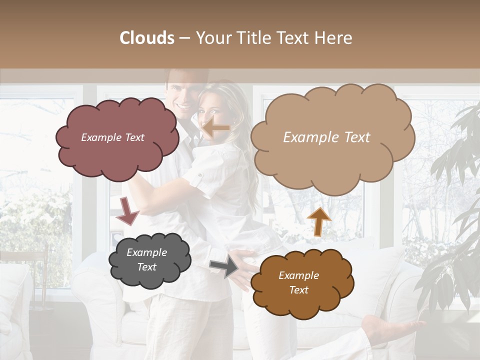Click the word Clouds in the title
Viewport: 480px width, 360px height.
(147, 38)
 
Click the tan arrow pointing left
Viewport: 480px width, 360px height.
(215, 128)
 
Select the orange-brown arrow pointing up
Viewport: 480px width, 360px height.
(318, 221)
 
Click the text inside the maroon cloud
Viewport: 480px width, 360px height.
(113, 137)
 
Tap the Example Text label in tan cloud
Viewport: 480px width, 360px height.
(327, 137)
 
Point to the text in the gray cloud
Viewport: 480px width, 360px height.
(147, 260)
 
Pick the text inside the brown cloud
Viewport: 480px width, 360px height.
(299, 283)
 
